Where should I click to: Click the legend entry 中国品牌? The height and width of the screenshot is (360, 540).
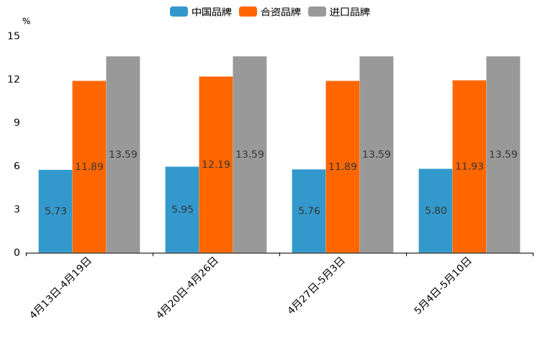tap(201, 12)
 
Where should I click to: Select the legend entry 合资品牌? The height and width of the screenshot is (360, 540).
tap(270, 12)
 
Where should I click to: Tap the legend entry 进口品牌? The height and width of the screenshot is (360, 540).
tap(339, 12)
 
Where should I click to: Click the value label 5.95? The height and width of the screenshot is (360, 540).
tap(182, 210)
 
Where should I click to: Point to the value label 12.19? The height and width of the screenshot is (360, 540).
tap(216, 165)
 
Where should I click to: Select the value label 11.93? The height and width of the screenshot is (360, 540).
tap(469, 166)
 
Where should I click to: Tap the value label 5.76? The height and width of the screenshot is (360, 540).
tap(309, 211)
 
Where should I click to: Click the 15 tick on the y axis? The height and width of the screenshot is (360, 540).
tap(14, 35)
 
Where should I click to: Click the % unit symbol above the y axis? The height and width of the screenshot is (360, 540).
tap(27, 22)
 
